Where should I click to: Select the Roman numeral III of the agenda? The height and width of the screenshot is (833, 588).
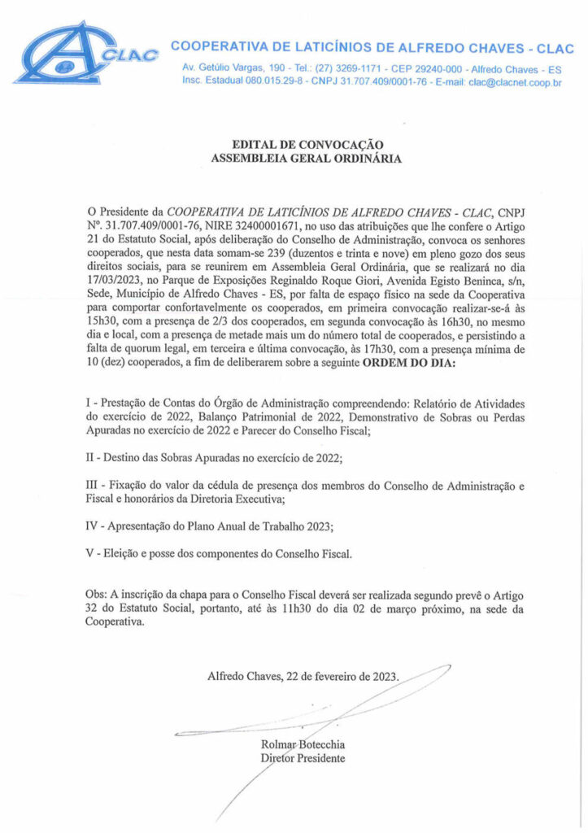[94, 485]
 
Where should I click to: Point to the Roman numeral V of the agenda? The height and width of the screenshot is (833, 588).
[89, 554]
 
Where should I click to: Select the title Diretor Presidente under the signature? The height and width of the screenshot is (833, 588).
[303, 758]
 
